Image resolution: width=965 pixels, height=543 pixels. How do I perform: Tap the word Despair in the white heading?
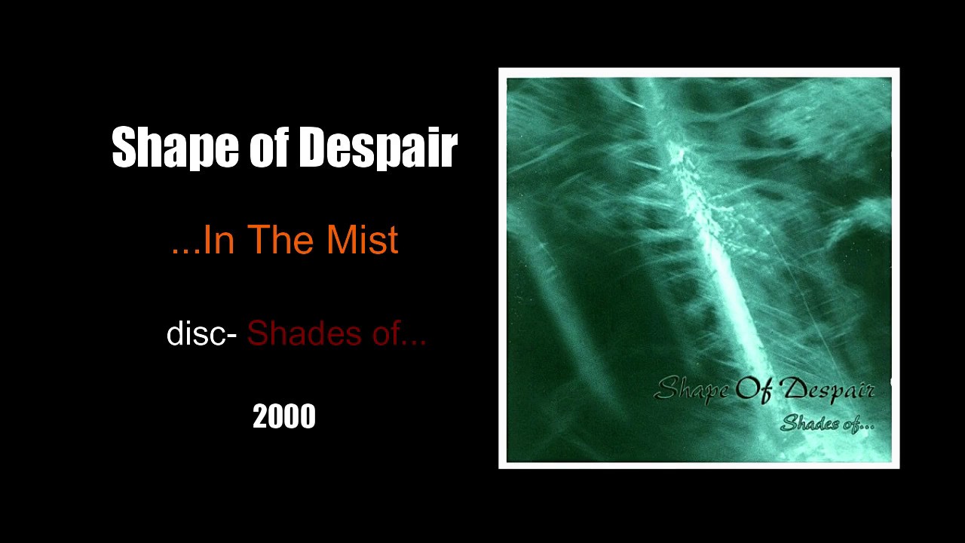coord(378,147)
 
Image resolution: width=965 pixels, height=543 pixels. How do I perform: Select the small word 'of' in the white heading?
coord(269,147)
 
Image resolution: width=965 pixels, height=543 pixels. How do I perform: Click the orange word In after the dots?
coord(219,240)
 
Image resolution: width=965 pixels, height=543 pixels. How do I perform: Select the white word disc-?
coord(201,333)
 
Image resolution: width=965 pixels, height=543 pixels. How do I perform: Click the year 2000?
coord(283,417)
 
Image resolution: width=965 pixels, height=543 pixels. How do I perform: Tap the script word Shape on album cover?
coord(692,390)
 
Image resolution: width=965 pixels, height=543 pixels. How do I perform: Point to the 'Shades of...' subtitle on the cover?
coord(827,423)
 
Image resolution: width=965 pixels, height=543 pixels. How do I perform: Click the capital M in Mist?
coord(340,240)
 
